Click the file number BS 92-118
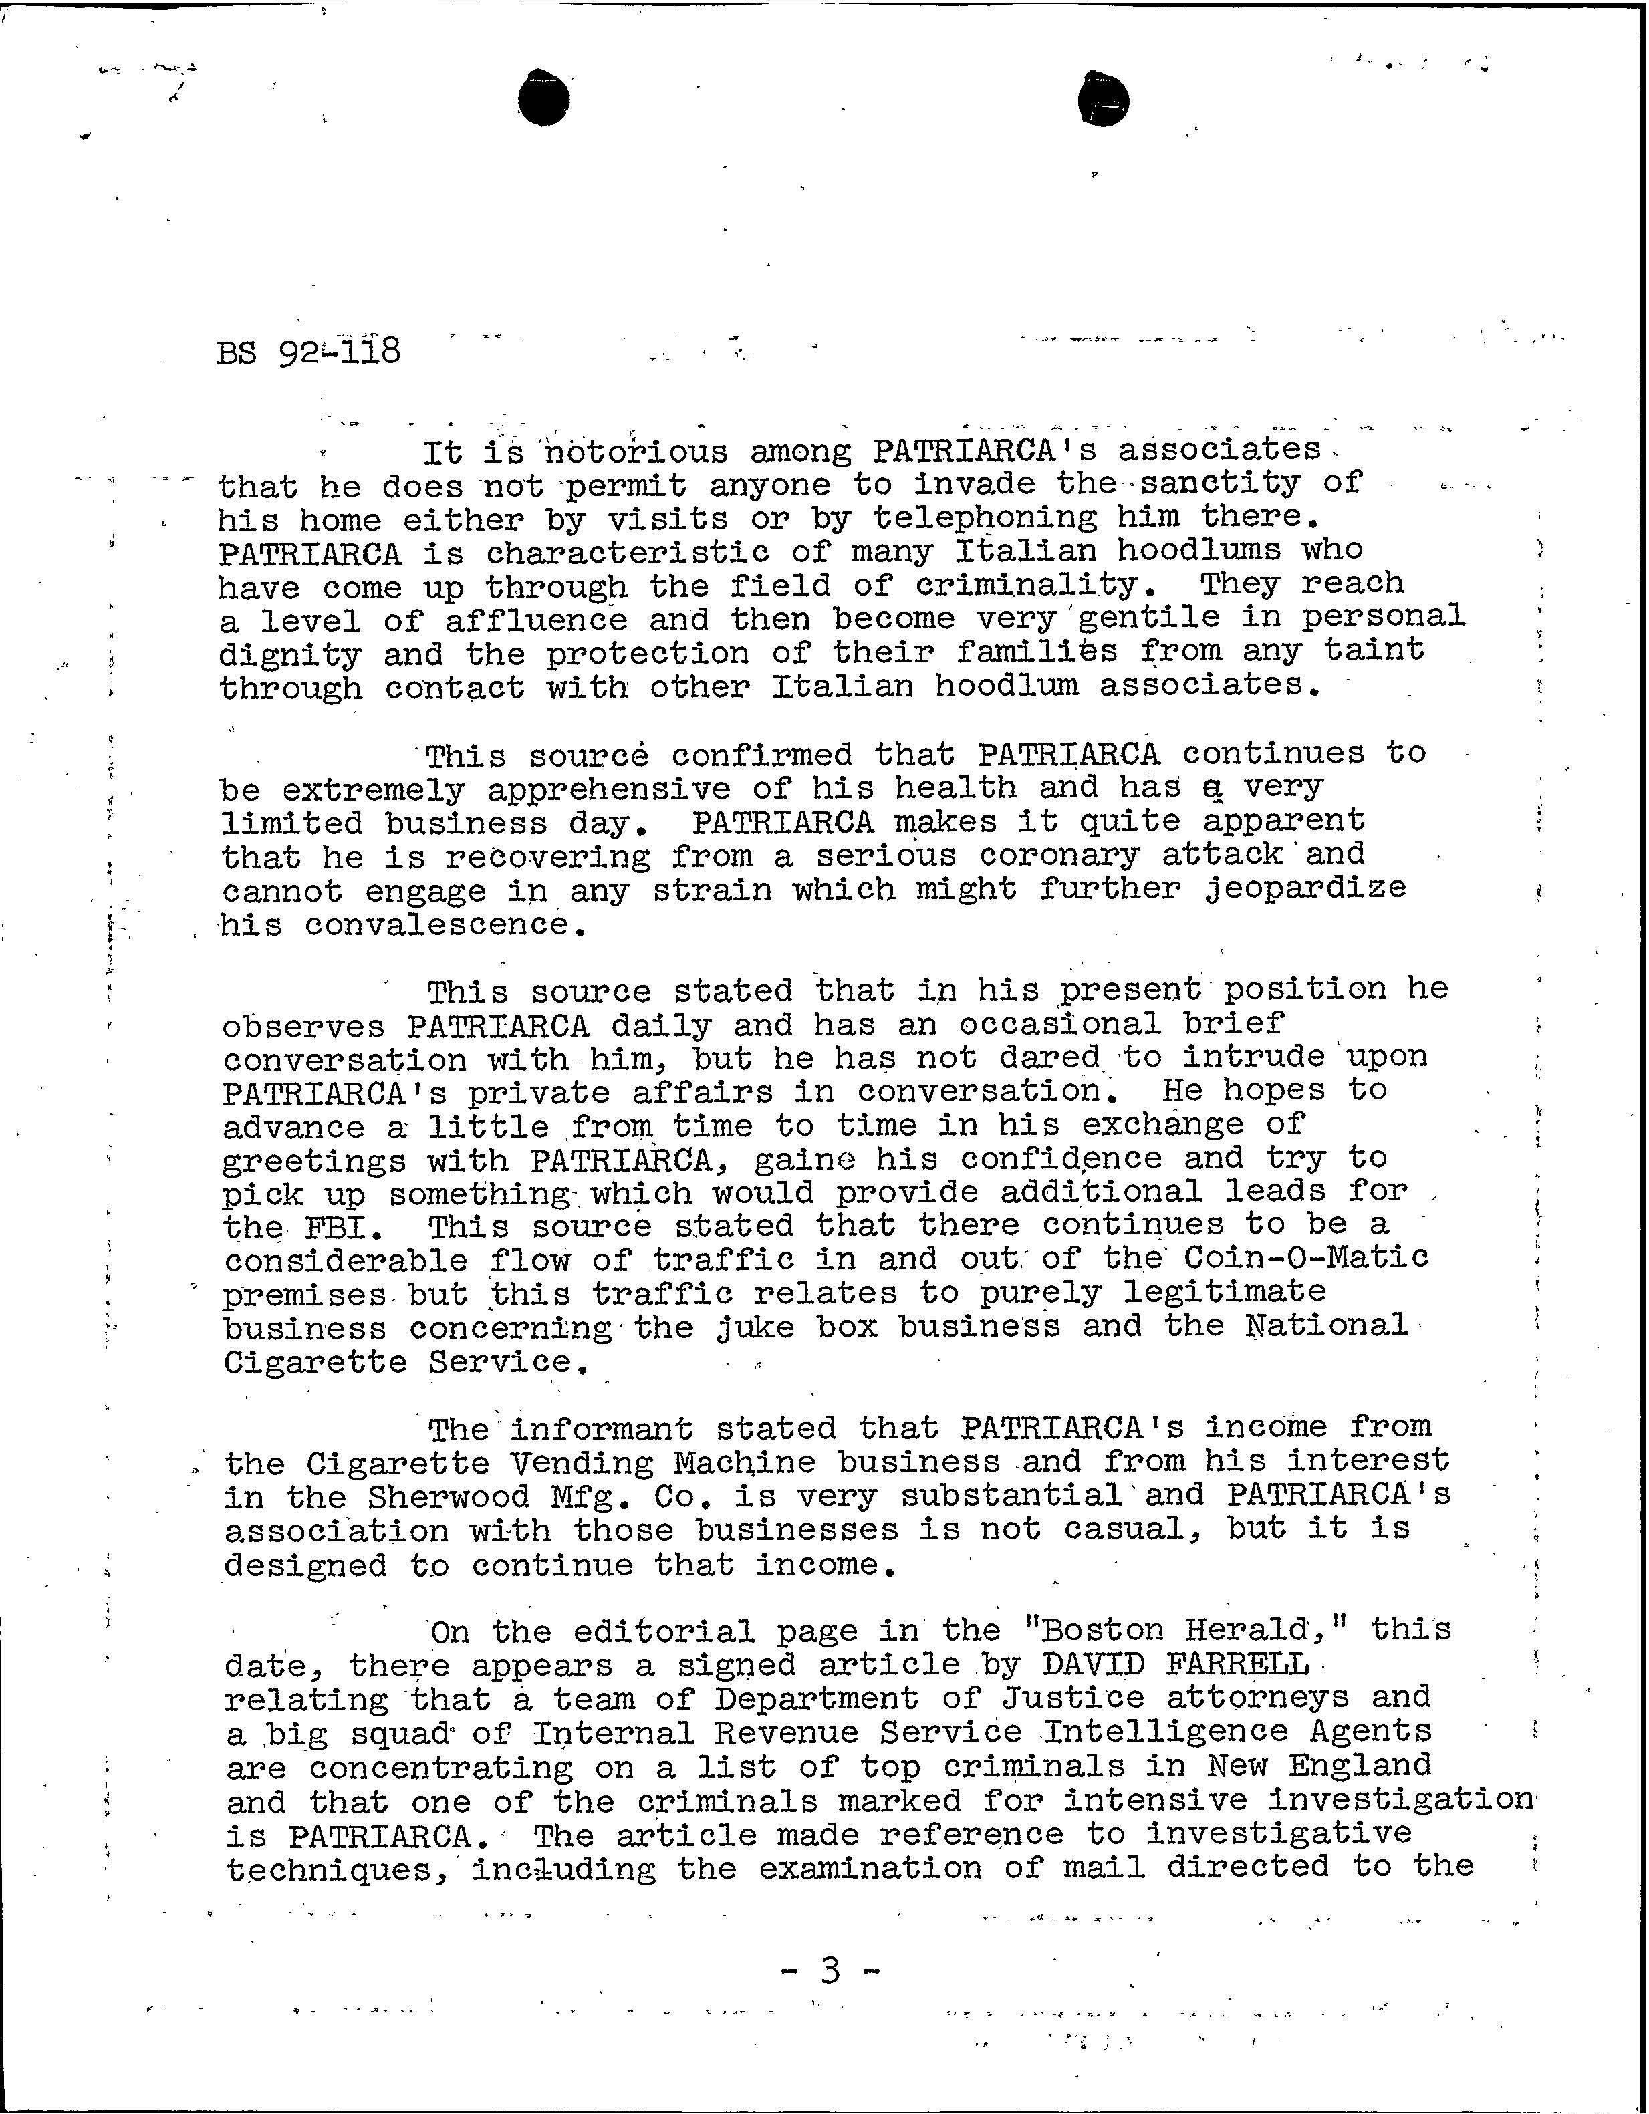click(x=308, y=350)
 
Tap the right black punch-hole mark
click(x=1104, y=100)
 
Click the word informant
click(x=602, y=1429)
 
